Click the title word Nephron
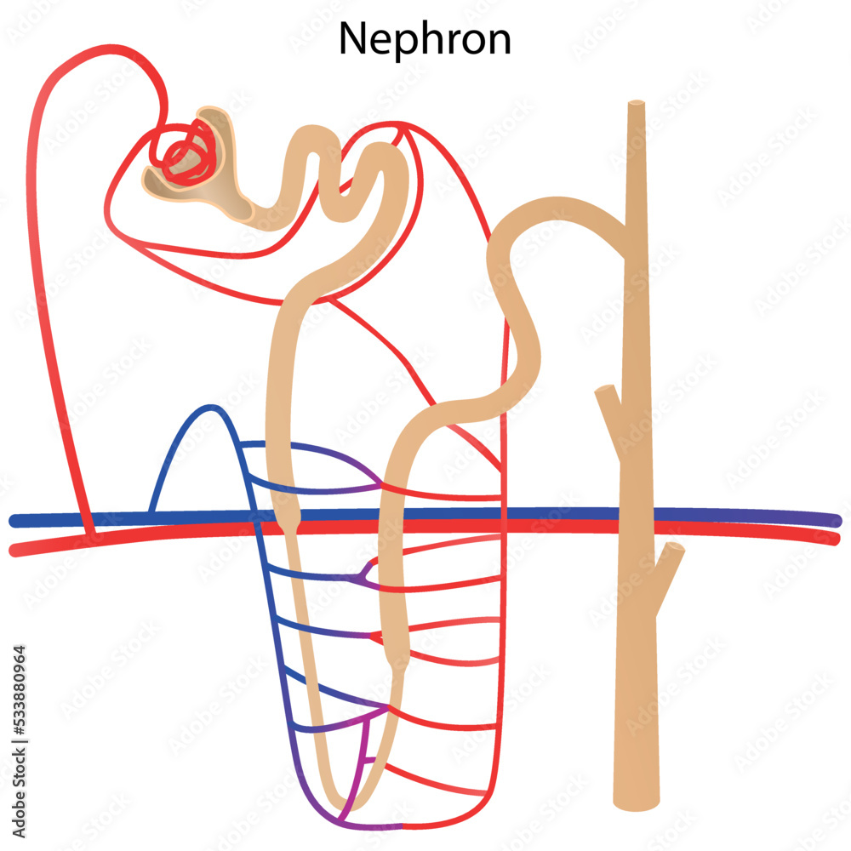[x=425, y=38]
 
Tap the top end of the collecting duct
[x=636, y=106]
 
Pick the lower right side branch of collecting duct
[x=672, y=553]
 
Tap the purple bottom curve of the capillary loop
[x=366, y=824]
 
